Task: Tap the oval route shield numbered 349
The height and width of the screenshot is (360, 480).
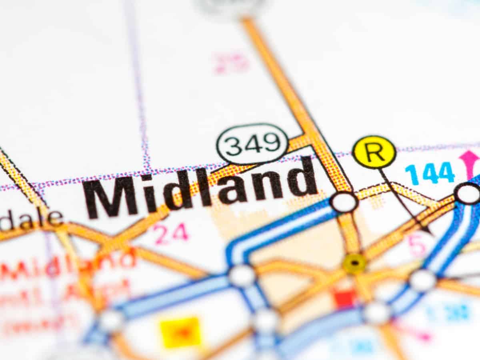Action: click(252, 144)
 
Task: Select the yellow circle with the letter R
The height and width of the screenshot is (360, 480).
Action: click(374, 152)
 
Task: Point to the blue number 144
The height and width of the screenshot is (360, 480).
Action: click(430, 173)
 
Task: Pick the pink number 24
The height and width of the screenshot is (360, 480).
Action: click(172, 234)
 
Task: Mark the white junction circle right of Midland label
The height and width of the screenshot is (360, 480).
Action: click(344, 202)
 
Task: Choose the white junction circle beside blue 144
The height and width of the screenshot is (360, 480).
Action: click(467, 193)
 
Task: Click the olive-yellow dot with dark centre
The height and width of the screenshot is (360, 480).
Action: click(354, 263)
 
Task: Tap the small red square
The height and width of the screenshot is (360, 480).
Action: click(345, 298)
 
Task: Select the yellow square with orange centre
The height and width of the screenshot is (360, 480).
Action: click(180, 332)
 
